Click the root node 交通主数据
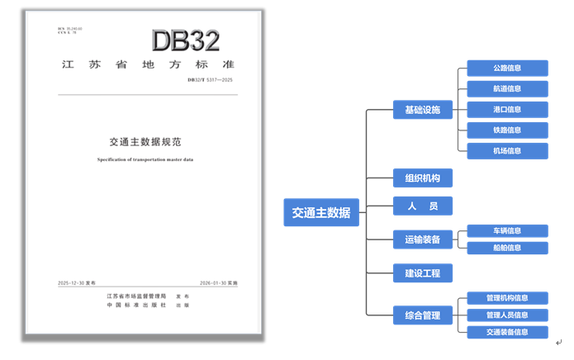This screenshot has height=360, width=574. point(320,212)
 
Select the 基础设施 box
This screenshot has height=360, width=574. point(422,110)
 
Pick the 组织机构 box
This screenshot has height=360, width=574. point(422,178)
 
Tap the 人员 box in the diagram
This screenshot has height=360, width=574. point(422,206)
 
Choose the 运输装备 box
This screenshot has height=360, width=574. point(422,240)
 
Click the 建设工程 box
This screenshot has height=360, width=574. point(422,272)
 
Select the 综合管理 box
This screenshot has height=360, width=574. point(422,315)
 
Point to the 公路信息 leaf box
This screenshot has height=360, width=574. point(507,68)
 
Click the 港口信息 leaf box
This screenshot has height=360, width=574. point(507,109)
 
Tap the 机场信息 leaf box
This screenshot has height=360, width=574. point(507,151)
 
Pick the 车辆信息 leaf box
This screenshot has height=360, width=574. point(507,231)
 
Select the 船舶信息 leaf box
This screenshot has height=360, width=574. point(507,248)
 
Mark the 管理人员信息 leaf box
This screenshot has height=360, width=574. point(507,315)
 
